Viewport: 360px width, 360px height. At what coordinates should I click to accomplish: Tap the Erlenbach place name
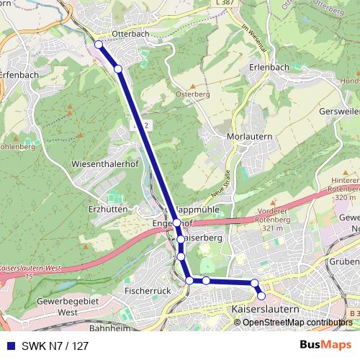269,67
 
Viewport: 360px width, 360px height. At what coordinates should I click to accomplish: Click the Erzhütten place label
105,208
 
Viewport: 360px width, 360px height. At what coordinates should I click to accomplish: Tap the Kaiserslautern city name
266,309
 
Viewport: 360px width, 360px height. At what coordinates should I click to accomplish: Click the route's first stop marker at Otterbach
99,45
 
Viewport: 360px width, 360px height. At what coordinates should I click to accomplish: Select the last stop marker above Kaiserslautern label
261,296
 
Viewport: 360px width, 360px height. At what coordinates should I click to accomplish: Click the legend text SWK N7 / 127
55,346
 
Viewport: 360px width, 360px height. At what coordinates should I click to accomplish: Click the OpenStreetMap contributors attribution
297,323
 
